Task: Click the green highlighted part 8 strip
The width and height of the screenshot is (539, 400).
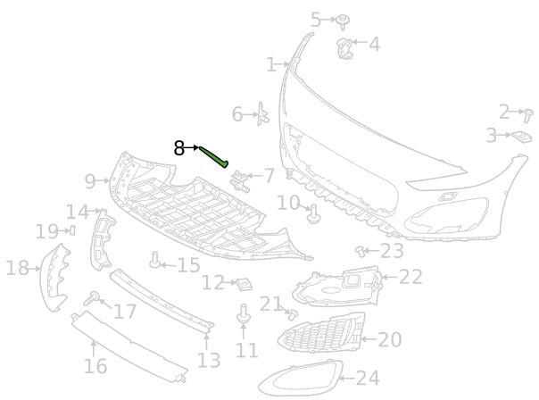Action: coord(214,158)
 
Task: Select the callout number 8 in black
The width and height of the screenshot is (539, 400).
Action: coord(179,148)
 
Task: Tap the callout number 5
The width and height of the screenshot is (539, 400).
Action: coord(316,19)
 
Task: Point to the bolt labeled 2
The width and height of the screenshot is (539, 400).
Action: coord(528,115)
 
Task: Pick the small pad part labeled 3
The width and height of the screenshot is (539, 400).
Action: coord(520,137)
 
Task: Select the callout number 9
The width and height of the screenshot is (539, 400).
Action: coord(90,181)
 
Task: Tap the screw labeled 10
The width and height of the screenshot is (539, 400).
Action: coord(312,213)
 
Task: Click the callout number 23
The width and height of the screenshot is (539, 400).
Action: coord(392,251)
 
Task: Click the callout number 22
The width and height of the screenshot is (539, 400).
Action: coord(410,277)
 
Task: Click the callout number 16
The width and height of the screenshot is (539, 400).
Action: coord(95,366)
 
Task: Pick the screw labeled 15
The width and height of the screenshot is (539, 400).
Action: coord(156,262)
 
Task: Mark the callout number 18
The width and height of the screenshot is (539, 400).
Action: coord(17,267)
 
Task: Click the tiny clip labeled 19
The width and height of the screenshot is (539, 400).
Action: coord(73,230)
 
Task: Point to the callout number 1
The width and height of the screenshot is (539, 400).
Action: coord(271,64)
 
